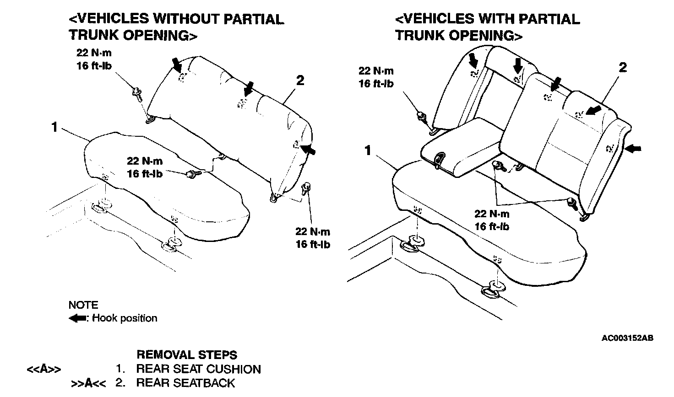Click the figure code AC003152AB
pyautogui.click(x=627, y=338)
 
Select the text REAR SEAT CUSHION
pyautogui.click(x=198, y=369)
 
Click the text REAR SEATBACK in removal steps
pyautogui.click(x=185, y=383)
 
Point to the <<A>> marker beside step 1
pyautogui.click(x=43, y=370)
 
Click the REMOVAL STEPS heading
pyautogui.click(x=187, y=355)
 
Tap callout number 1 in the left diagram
pyautogui.click(x=55, y=127)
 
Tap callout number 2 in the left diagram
pyautogui.click(x=300, y=81)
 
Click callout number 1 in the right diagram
pyautogui.click(x=368, y=150)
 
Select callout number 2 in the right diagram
pyautogui.click(x=623, y=68)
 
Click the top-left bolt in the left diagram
pyautogui.click(x=137, y=94)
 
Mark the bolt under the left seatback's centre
pyautogui.click(x=193, y=173)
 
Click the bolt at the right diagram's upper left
pyautogui.click(x=420, y=116)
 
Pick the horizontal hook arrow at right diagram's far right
pyautogui.click(x=634, y=148)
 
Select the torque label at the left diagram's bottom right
pyautogui.click(x=313, y=238)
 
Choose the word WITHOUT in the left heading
pyautogui.click(x=186, y=19)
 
